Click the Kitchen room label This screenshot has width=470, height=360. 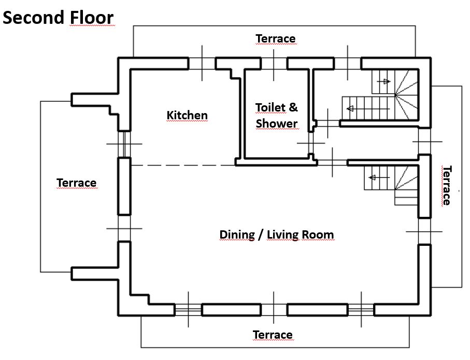pos(187,115)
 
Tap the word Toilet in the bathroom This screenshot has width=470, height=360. pos(270,107)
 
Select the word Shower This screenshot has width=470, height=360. pos(277,123)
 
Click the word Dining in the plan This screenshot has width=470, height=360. pos(237,235)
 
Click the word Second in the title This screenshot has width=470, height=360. pos(34,18)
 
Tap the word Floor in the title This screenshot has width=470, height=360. pos(92,18)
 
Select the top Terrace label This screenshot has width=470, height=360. pos(276,39)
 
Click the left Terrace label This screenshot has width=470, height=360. pos(77,183)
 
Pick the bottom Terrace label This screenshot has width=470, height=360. pos(273,335)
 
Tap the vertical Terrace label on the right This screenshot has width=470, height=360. pos(447,185)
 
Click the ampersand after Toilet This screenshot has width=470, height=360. pos(293,107)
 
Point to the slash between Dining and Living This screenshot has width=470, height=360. pos(261,235)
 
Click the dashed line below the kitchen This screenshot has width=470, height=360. pos(183,165)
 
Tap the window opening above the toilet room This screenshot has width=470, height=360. pos(274,64)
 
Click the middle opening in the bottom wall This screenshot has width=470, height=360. pos(274,310)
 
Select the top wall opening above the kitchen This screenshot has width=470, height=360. pos(202,64)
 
